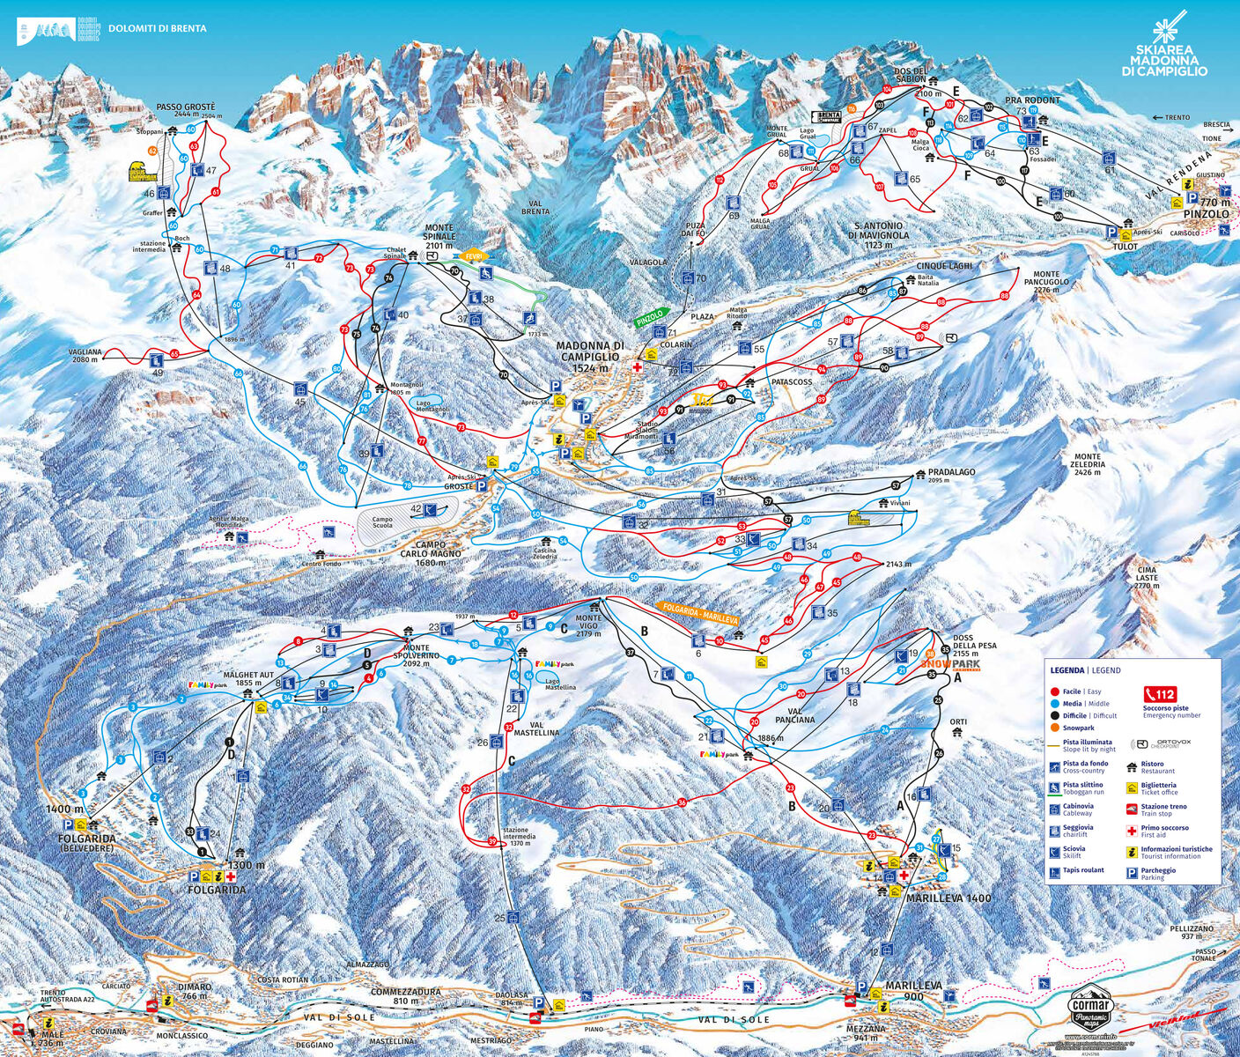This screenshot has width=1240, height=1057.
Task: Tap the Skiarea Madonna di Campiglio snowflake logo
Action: pos(1169,35)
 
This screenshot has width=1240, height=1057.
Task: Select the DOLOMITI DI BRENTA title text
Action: pos(158,29)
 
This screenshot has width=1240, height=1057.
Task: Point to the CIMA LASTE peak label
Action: pos(1147,577)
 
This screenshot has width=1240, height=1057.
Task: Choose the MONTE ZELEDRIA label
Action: pos(1088,464)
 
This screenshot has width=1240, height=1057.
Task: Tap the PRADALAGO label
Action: pos(951,473)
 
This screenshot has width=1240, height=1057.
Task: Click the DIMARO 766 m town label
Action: pos(195,992)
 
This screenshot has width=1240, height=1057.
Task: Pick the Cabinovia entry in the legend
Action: pos(1078,809)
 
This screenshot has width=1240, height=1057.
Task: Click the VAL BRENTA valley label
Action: pos(535,206)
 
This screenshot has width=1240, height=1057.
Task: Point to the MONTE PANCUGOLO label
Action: pos(1046,282)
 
